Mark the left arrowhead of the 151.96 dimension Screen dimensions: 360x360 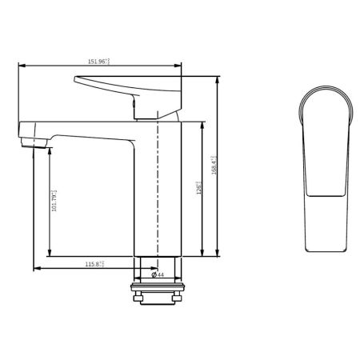click(x=19, y=66)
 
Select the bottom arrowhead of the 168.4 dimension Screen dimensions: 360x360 click(x=218, y=256)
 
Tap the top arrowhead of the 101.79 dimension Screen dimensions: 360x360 click(x=49, y=148)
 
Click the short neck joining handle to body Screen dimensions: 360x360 click(x=145, y=112)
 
